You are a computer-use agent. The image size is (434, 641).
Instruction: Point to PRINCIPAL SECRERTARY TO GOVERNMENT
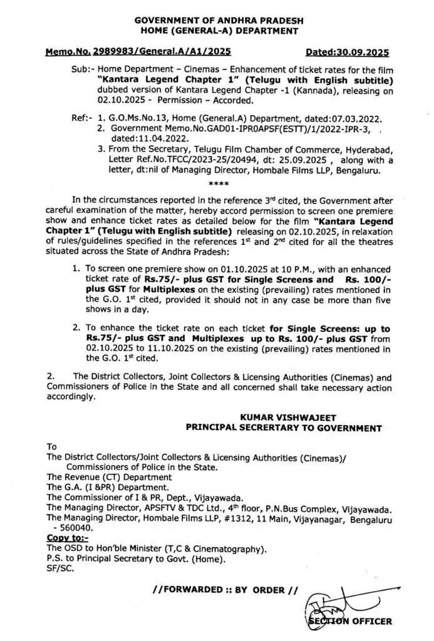tap(284, 428)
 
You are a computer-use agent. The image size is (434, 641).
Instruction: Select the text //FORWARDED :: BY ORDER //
tap(219, 590)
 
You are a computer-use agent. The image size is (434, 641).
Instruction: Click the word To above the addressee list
tap(52, 447)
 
